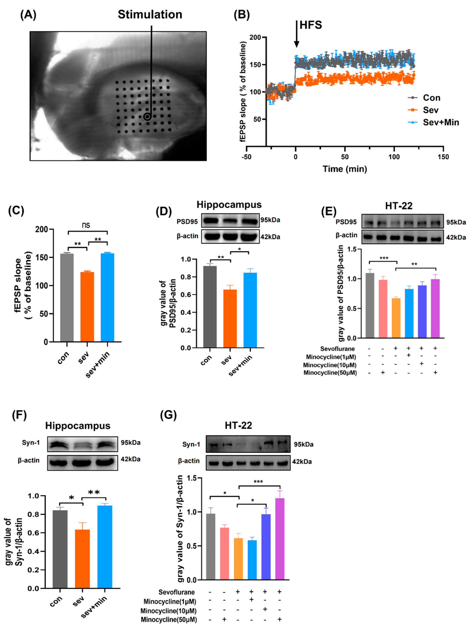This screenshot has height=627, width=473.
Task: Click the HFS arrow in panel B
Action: (296, 34)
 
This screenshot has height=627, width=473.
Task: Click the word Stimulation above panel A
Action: (150, 15)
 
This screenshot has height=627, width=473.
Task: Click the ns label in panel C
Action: (86, 225)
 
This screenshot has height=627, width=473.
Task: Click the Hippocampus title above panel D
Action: (229, 205)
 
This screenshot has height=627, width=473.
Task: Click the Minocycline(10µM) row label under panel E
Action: (330, 365)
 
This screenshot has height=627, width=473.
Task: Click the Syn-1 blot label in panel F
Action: (31, 443)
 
